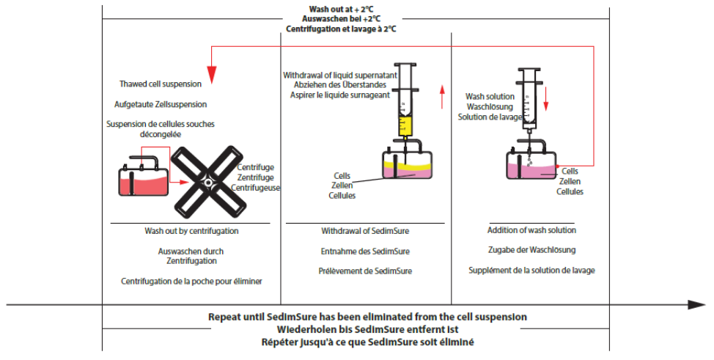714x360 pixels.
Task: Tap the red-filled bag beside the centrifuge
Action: (142, 180)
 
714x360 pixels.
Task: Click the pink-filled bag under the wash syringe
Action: (531, 166)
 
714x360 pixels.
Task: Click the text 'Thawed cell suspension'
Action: (161, 84)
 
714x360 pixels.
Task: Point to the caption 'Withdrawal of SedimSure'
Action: (365, 231)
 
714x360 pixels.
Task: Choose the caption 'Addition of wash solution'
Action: (531, 231)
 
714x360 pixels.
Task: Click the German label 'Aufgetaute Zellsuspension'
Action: (161, 104)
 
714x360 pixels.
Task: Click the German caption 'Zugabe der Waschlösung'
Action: (531, 250)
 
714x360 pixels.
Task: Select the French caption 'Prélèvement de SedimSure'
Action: (365, 271)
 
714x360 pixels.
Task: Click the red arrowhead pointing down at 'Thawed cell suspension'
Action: (212, 73)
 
